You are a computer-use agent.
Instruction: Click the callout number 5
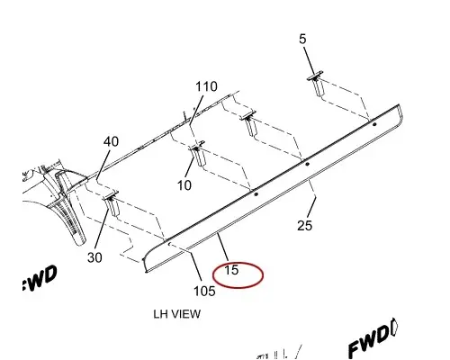click(x=302, y=39)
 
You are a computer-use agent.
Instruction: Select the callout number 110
click(x=206, y=86)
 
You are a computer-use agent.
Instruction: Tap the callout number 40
click(x=111, y=141)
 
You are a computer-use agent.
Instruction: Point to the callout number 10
click(x=184, y=185)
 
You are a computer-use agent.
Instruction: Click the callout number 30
click(x=94, y=257)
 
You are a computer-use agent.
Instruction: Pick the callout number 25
click(x=305, y=225)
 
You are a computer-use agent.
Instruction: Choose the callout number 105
click(x=204, y=291)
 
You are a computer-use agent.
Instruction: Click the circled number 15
click(x=231, y=270)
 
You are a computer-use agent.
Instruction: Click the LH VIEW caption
click(x=177, y=314)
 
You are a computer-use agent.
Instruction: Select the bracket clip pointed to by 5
click(x=317, y=84)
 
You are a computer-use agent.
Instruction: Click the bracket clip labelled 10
click(x=198, y=153)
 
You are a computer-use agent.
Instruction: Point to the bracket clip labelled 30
click(x=112, y=203)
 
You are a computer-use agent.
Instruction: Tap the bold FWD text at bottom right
click(x=373, y=340)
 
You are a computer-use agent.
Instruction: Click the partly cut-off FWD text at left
click(x=40, y=278)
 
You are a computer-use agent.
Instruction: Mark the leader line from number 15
click(x=223, y=247)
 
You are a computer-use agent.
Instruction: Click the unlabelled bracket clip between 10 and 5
click(x=248, y=123)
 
